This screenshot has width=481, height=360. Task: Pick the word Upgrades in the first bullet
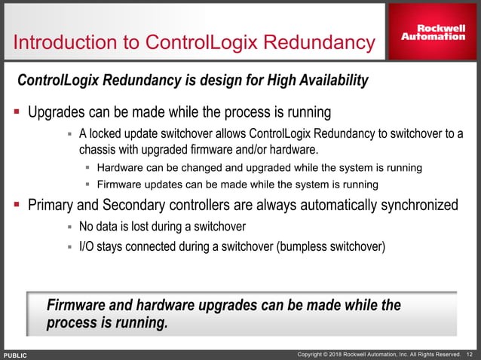(58, 114)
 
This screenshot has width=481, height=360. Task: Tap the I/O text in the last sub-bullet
(87, 246)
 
